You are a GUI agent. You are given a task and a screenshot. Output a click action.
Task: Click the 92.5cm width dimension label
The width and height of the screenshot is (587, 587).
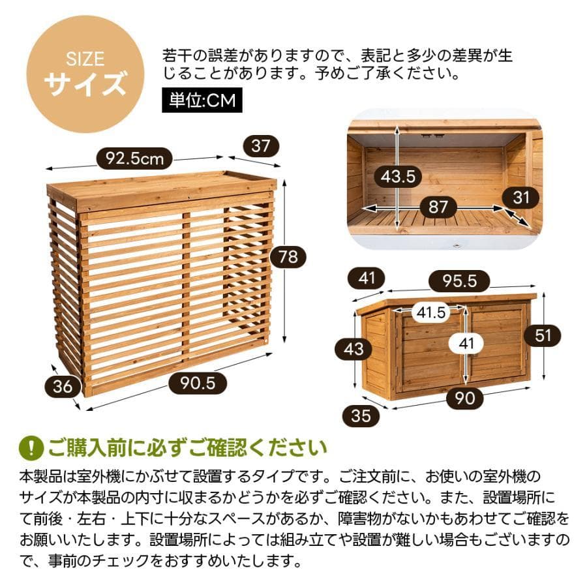(135, 158)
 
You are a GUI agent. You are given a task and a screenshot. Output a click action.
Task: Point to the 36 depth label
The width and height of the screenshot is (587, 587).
(63, 386)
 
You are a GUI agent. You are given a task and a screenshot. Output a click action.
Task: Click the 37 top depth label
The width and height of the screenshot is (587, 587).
(260, 146)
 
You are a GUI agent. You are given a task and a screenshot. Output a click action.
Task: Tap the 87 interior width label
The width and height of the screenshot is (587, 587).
(438, 207)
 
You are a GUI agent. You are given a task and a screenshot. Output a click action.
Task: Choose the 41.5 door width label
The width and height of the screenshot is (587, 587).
(432, 313)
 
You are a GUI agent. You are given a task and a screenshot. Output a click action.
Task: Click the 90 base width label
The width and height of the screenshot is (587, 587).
(465, 398)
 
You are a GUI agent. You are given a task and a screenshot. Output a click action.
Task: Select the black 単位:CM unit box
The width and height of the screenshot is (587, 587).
(202, 101)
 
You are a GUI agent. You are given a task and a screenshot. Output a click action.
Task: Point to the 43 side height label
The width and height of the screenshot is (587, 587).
(354, 349)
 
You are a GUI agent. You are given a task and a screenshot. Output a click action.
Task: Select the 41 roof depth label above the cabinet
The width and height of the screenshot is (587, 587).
(367, 278)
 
